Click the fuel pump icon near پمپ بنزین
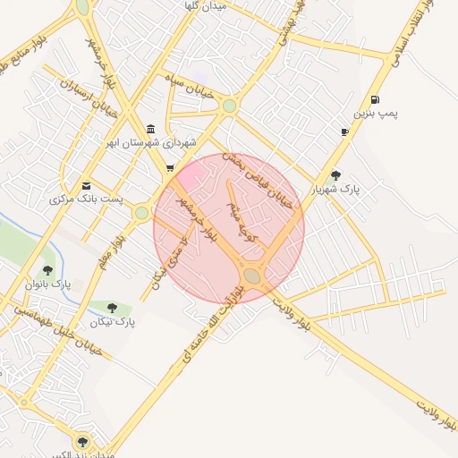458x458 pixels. (x=373, y=99)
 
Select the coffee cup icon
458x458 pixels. (x=344, y=132)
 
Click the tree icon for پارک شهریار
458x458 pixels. (x=335, y=175)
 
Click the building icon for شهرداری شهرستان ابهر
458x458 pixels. (x=149, y=129)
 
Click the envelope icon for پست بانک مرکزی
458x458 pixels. (x=86, y=185)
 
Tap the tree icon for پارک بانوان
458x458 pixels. (x=47, y=269)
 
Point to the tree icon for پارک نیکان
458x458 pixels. (x=112, y=308)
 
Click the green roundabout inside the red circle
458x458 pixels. (x=252, y=277)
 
